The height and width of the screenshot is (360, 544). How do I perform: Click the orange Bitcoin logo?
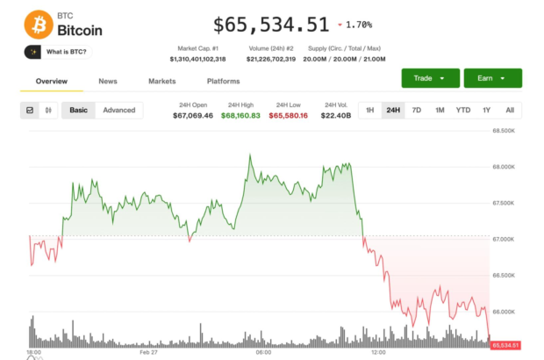(38, 24)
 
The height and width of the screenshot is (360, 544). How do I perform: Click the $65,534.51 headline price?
(271, 25)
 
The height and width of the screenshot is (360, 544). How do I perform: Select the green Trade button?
(429, 78)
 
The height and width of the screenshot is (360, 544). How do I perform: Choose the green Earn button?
(492, 78)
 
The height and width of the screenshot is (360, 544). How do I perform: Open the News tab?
(108, 81)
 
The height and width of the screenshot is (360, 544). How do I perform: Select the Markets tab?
(161, 81)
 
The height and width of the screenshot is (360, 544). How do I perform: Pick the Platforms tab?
(223, 81)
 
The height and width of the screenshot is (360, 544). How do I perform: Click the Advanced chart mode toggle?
(119, 110)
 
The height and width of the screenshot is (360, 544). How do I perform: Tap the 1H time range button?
(370, 110)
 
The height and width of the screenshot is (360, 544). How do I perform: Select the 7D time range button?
(417, 110)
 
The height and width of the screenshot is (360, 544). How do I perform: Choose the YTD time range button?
(463, 110)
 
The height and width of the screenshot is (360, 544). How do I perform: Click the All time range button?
(510, 110)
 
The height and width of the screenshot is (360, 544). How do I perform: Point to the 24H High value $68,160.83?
(240, 115)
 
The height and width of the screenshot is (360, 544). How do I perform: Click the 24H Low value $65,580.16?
(288, 115)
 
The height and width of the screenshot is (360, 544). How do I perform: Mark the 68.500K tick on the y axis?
(503, 130)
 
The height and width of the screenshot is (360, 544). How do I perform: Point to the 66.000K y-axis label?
(503, 312)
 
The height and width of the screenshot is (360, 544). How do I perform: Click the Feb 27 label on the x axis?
(148, 353)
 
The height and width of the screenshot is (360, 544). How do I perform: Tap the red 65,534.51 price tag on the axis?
(505, 345)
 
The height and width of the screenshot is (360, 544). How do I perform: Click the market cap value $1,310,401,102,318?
(197, 59)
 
